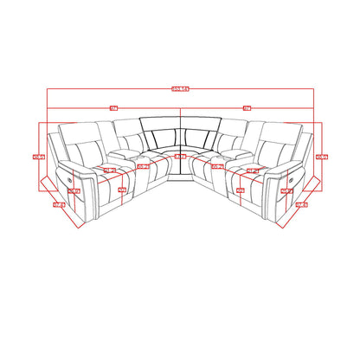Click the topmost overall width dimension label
[x=179, y=87]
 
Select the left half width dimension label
[x=112, y=107]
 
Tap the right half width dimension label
[x=247, y=107]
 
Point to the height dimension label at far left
[x=37, y=157]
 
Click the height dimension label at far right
[x=322, y=157]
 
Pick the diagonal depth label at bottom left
[x=59, y=205]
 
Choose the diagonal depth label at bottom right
[x=301, y=205]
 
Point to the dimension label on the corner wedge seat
[x=179, y=157]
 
